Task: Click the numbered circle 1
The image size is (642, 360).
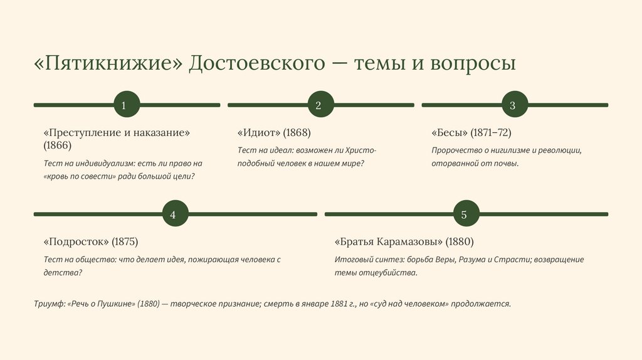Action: click(124, 105)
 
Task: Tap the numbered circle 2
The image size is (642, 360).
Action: click(318, 105)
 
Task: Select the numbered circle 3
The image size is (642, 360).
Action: click(512, 105)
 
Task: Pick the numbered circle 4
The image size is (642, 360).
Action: click(172, 214)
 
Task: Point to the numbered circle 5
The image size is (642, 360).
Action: click(464, 214)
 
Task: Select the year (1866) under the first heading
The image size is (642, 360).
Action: click(58, 146)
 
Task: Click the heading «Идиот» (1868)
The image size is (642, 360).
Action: click(274, 133)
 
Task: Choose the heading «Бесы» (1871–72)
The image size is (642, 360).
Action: click(471, 133)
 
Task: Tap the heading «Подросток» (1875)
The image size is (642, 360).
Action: click(91, 241)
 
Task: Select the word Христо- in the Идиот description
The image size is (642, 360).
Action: click(363, 151)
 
